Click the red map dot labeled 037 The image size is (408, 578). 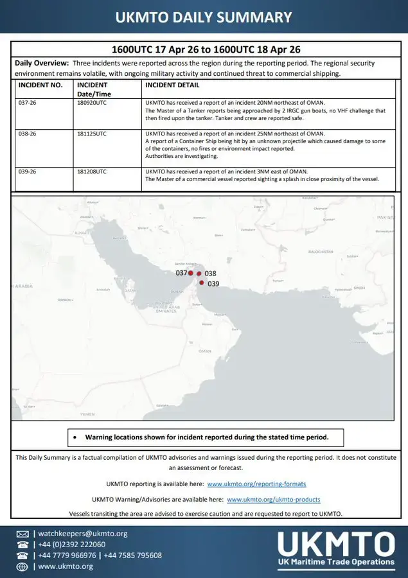[191, 273]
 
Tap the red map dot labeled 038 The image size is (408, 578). [199, 274]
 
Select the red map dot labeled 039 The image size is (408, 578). [202, 283]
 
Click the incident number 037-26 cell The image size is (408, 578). [29, 103]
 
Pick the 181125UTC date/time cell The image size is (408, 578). [93, 134]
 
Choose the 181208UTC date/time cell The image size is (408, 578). [93, 172]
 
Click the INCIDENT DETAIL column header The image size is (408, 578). [172, 85]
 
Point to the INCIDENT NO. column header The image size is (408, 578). [40, 85]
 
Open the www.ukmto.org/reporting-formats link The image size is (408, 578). [256, 484]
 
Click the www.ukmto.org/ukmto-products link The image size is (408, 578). [273, 499]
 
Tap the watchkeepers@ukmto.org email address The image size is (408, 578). [83, 534]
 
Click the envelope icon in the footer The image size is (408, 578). [22, 534]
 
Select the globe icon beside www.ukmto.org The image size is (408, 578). [22, 566]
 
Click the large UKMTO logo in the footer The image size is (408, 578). [336, 548]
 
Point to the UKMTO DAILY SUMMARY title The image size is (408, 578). [204, 17]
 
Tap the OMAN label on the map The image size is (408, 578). [205, 351]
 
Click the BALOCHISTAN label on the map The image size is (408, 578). [322, 252]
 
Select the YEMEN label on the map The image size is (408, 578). [87, 414]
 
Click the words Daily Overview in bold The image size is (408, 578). [42, 63]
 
